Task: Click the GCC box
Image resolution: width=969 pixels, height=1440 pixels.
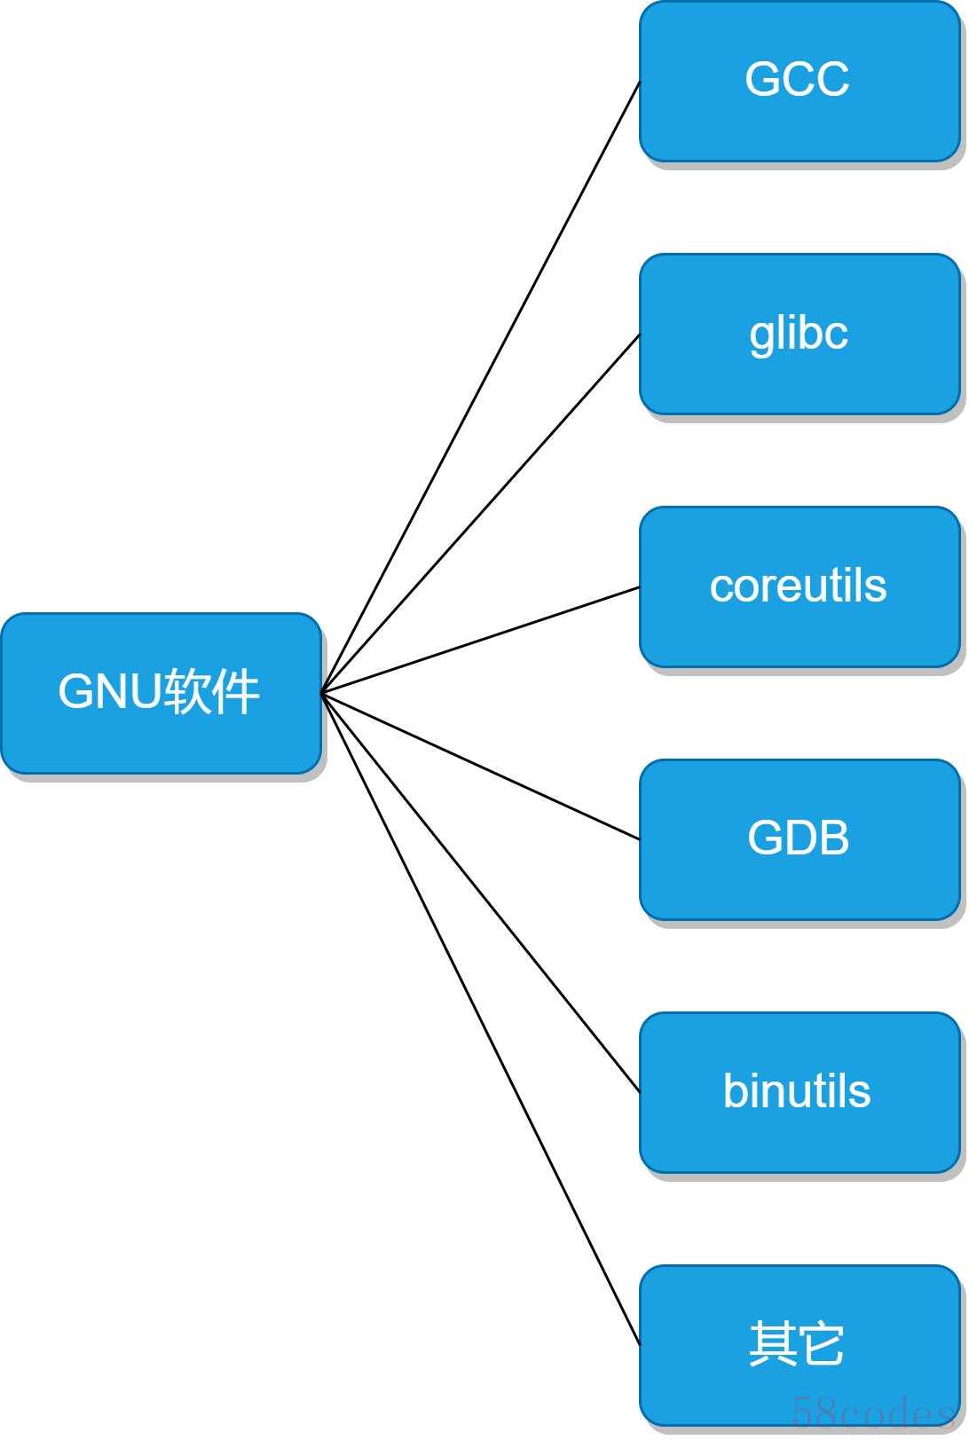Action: [800, 81]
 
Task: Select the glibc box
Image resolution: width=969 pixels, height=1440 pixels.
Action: [800, 334]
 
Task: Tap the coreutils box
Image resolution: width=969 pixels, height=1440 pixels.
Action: [800, 587]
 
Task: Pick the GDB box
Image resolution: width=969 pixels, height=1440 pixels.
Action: [800, 839]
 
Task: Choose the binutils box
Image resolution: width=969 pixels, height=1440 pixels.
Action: [800, 1093]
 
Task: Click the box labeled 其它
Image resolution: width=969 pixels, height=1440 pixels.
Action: [800, 1345]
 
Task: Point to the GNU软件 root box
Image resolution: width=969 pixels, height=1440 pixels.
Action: [161, 693]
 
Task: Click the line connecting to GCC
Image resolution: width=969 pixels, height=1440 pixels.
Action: [480, 387]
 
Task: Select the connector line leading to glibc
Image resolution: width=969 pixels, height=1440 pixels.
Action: [480, 514]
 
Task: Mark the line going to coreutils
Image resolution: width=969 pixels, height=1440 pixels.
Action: [480, 641]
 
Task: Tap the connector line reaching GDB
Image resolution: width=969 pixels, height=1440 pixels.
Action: [480, 767]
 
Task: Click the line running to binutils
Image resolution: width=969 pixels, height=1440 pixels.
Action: [480, 893]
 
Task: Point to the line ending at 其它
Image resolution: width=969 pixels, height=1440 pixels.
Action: [480, 1019]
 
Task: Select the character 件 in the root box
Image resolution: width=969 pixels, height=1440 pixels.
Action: [235, 692]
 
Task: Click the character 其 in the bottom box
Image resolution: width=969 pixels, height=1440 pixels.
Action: [772, 1343]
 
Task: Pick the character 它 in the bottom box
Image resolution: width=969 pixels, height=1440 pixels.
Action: [821, 1343]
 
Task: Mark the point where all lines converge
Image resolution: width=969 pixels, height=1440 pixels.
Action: [321, 693]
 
